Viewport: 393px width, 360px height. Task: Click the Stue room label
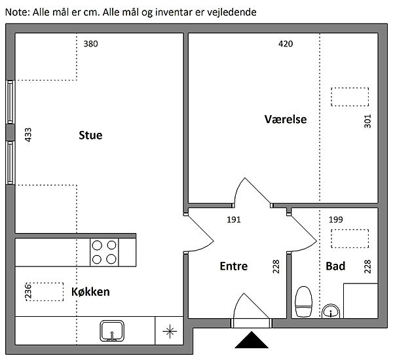click(90, 135)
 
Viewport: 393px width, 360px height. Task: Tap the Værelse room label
click(286, 119)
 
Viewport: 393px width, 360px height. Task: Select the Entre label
click(234, 266)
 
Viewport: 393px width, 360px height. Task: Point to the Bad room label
click(335, 266)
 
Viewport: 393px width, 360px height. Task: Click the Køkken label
click(90, 292)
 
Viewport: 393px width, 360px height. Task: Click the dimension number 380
click(90, 44)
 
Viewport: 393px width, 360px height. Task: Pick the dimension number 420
click(286, 44)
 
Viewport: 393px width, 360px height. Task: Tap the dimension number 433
click(28, 135)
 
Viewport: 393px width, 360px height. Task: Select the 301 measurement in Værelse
click(367, 121)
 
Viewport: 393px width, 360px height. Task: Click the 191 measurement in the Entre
click(234, 220)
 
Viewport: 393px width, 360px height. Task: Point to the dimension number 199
click(335, 220)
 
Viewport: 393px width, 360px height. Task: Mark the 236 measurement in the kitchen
click(28, 291)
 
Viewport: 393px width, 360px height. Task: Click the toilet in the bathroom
click(303, 302)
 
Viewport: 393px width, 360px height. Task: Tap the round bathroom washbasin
click(331, 311)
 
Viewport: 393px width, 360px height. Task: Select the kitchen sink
click(112, 331)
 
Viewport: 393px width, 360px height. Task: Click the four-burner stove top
click(104, 252)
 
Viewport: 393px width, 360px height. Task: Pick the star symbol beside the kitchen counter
click(170, 331)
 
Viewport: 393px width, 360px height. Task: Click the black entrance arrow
click(252, 340)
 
